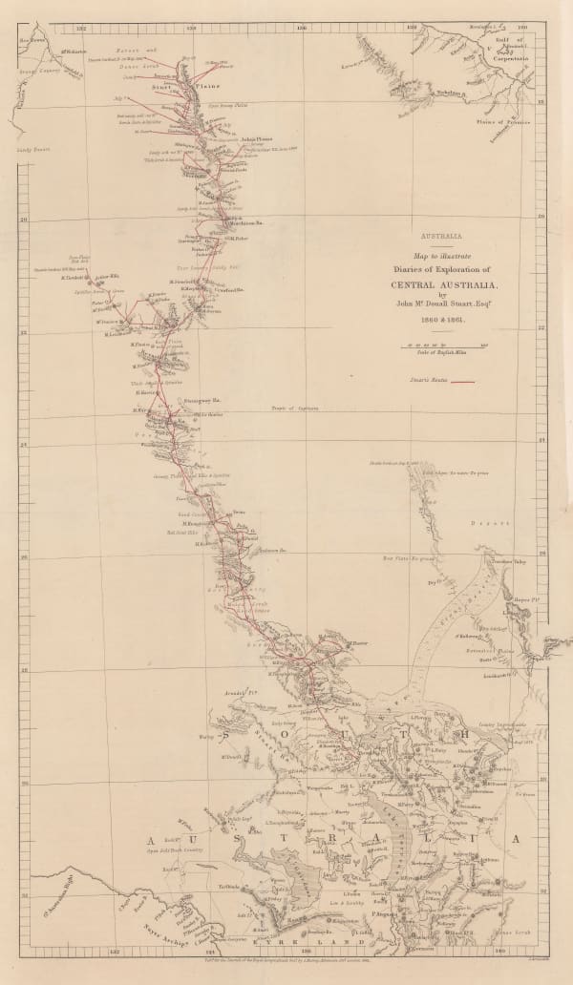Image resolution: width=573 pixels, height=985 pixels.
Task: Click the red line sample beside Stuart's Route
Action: (x=463, y=381)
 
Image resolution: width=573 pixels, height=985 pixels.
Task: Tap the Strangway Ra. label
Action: (x=176, y=400)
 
